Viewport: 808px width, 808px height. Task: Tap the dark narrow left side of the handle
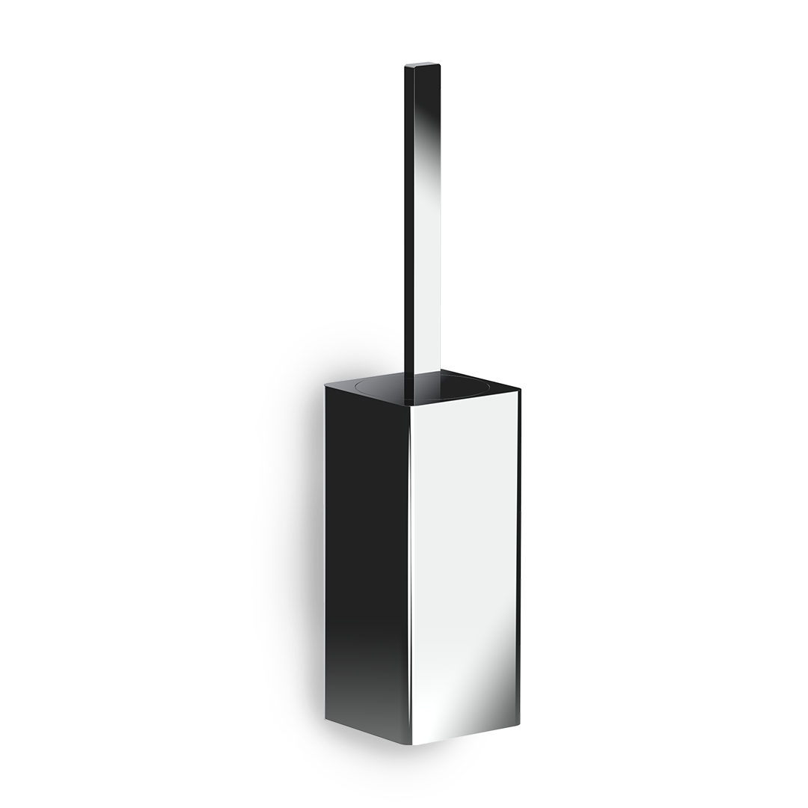coord(408,224)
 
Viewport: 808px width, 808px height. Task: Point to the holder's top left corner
coord(325,385)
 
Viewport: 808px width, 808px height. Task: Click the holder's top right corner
coord(519,389)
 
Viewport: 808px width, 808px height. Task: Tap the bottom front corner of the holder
coord(413,744)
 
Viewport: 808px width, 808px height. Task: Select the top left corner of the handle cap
coord(405,67)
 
